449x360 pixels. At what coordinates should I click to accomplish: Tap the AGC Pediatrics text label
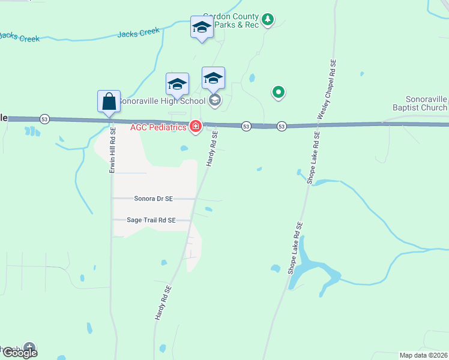pyautogui.click(x=159, y=127)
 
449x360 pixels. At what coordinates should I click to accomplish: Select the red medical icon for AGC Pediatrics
pyautogui.click(x=195, y=127)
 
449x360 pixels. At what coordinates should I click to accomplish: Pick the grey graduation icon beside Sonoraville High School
pyautogui.click(x=215, y=100)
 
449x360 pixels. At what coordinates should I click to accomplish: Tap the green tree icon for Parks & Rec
pyautogui.click(x=268, y=20)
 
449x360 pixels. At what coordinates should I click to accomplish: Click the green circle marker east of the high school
pyautogui.click(x=278, y=92)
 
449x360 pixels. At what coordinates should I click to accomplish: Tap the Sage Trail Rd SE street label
pyautogui.click(x=151, y=220)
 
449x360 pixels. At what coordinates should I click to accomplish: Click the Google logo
pyautogui.click(x=20, y=353)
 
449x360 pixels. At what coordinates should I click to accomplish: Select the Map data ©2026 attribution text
pyautogui.click(x=423, y=355)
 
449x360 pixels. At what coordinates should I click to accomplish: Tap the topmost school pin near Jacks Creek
pyautogui.click(x=202, y=28)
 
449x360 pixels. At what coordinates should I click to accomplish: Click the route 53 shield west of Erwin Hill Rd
pyautogui.click(x=45, y=119)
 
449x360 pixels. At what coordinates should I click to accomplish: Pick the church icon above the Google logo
pyautogui.click(x=29, y=347)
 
